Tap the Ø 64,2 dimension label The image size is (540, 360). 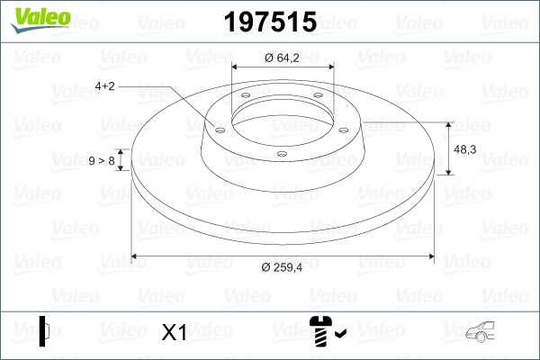(281, 58)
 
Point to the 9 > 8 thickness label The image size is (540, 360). (102, 160)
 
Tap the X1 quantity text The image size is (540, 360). (173, 333)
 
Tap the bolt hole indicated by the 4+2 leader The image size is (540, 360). (218, 127)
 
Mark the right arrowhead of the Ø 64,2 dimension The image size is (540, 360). (329, 67)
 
